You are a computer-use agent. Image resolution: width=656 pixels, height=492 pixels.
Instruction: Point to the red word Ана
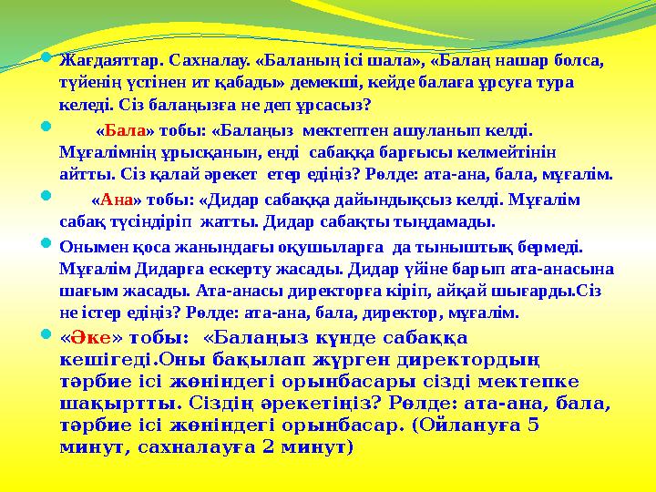point(117,200)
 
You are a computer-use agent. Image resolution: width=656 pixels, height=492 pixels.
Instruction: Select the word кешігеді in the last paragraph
point(100,360)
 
